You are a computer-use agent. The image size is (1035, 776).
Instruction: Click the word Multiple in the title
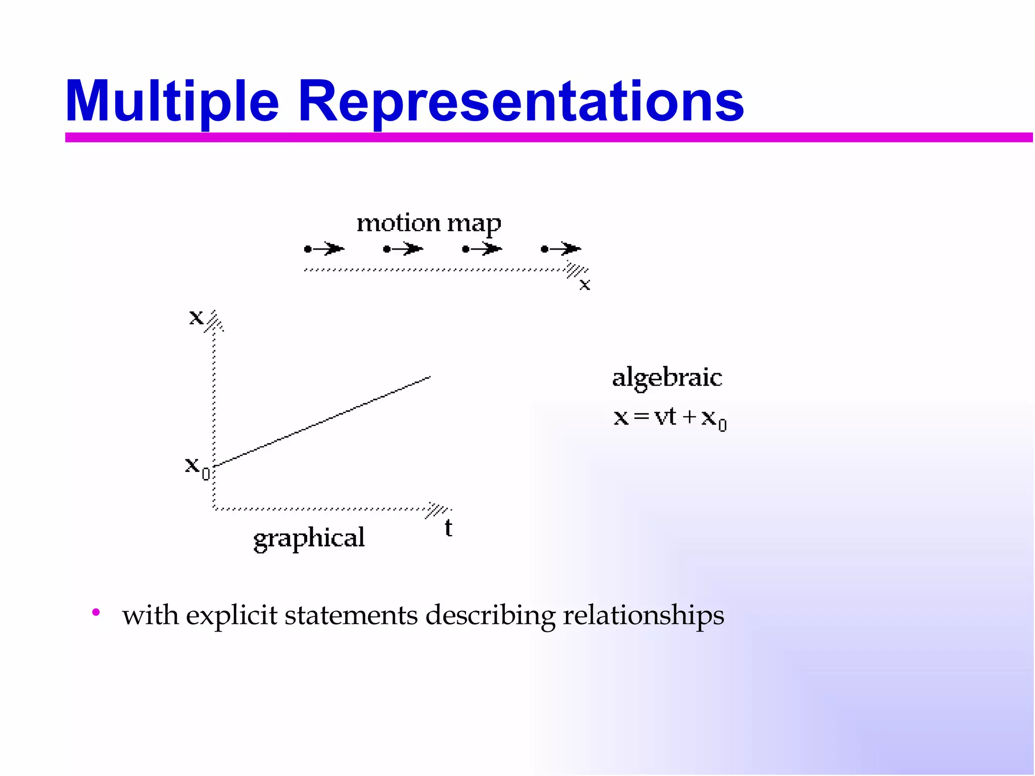[172, 102]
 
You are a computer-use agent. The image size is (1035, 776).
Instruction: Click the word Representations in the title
[521, 102]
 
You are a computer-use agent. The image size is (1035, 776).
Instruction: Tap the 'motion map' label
[429, 223]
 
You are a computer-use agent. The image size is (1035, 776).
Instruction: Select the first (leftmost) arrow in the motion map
[324, 249]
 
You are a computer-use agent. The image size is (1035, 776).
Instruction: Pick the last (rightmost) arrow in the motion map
[561, 249]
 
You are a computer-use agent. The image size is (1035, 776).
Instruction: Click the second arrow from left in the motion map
[403, 249]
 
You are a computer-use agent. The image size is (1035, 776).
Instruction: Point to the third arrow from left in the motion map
[482, 249]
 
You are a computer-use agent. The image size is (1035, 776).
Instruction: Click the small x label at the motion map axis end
[585, 285]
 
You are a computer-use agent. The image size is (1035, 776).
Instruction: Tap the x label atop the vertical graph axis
[196, 317]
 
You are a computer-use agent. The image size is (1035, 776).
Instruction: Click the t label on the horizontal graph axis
[448, 528]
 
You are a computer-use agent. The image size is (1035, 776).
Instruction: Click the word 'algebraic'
[667, 378]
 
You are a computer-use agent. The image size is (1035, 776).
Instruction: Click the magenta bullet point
[96, 613]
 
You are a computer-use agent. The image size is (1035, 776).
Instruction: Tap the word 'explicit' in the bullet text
[231, 616]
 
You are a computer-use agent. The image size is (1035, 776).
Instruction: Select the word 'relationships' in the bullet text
[643, 616]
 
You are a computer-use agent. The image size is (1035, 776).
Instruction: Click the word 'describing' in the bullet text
[490, 616]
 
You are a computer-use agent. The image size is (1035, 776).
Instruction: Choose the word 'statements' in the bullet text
[351, 616]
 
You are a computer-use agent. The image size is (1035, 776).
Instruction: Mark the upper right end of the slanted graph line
[429, 377]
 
